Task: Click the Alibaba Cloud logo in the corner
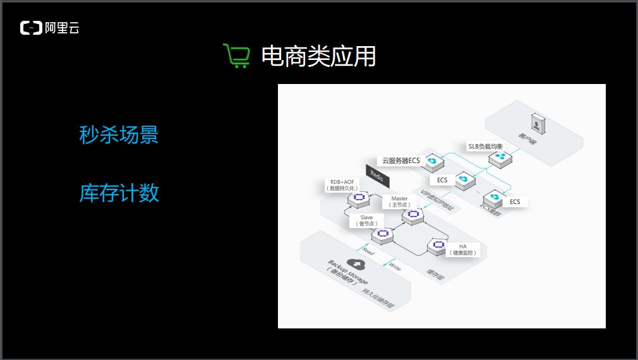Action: pyautogui.click(x=49, y=28)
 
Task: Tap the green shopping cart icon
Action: pyautogui.click(x=236, y=56)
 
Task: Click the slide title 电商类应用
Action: pyautogui.click(x=318, y=56)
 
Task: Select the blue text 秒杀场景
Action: pyautogui.click(x=119, y=135)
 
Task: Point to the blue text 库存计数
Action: pyautogui.click(x=119, y=193)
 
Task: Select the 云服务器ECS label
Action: pyautogui.click(x=401, y=160)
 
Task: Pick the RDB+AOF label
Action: pyautogui.click(x=342, y=184)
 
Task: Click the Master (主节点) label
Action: pyautogui.click(x=400, y=201)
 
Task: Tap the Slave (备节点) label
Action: pyautogui.click(x=366, y=220)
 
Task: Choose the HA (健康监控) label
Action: pyautogui.click(x=463, y=249)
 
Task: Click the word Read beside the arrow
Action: pyautogui.click(x=368, y=251)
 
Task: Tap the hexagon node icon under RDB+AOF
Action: pyautogui.click(x=359, y=198)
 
